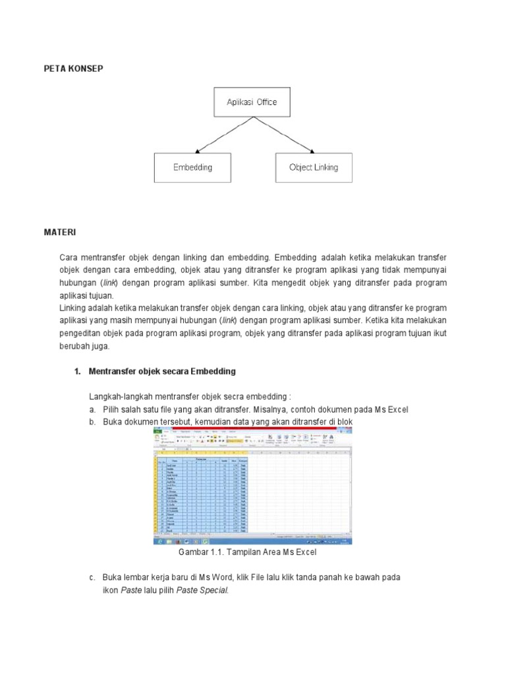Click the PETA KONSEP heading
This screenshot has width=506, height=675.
(73, 69)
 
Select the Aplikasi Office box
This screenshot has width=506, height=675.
(252, 102)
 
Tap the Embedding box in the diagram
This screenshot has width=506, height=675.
(192, 167)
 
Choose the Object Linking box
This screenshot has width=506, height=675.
(314, 167)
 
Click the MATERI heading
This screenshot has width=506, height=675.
(60, 233)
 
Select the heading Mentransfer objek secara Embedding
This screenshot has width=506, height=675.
(162, 372)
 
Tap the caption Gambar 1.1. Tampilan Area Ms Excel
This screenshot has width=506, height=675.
(252, 551)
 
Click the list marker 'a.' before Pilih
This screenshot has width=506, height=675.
(93, 409)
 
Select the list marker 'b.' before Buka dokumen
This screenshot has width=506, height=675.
(93, 422)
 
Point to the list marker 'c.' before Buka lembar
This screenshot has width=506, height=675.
(93, 577)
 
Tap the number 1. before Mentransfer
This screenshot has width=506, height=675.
(78, 372)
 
